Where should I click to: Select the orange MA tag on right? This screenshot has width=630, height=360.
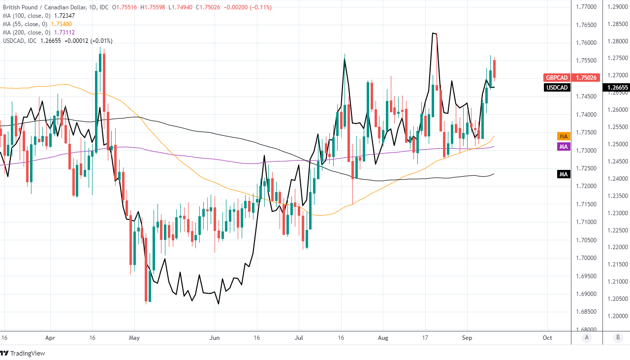point(564,136)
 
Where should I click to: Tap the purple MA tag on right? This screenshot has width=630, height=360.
point(564,147)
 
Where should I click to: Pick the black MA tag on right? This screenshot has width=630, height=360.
point(564,174)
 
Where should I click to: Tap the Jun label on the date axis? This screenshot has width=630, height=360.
point(215,338)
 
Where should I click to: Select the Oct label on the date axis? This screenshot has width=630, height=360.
point(547,338)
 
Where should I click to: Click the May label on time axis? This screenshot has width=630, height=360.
point(134,338)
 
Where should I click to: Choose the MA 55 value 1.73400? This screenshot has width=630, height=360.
point(58,24)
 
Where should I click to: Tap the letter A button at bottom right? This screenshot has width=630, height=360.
point(586,337)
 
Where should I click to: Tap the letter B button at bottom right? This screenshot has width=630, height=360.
point(618,337)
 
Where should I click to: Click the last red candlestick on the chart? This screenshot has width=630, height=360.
point(495,69)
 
